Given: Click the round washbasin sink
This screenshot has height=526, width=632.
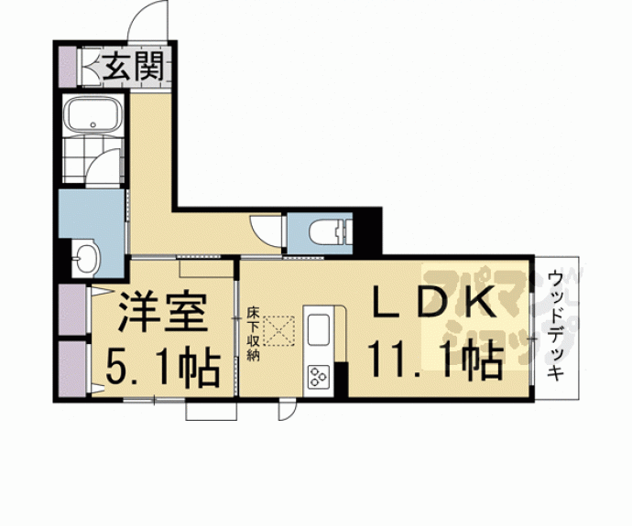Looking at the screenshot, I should [x=84, y=259].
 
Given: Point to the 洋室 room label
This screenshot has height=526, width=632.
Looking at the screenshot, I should [x=155, y=315].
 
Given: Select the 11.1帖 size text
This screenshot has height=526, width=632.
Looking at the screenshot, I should [x=434, y=359].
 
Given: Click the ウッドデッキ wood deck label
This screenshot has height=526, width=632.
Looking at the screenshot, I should [x=555, y=325].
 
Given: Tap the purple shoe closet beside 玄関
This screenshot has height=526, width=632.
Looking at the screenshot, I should [x=68, y=66].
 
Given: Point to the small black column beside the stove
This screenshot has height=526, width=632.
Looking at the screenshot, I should [x=342, y=381].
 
